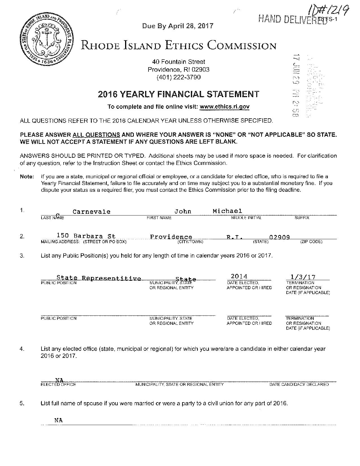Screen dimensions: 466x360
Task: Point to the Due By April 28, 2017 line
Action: click(x=178, y=26)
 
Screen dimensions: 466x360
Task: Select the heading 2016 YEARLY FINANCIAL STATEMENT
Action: click(x=178, y=94)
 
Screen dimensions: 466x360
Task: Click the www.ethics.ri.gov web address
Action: click(x=224, y=107)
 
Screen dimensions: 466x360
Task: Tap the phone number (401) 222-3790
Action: click(x=178, y=77)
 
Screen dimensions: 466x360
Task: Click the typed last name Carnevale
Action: click(x=91, y=212)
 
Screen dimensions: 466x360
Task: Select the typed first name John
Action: click(x=183, y=212)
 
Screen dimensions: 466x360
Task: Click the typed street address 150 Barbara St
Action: click(x=86, y=236)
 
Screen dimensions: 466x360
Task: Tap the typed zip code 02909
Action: click(x=280, y=237)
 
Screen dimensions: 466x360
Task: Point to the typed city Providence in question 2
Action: click(x=171, y=237)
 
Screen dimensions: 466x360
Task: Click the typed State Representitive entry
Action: click(x=99, y=278)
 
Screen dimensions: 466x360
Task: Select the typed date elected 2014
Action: click(x=239, y=276)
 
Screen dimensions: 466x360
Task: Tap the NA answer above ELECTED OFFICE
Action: click(x=59, y=380)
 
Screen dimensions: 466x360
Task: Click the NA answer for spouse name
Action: click(x=58, y=420)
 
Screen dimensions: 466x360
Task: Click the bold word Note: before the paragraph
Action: click(x=27, y=177)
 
